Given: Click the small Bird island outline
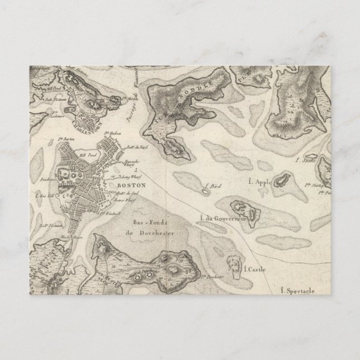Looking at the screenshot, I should point(205,192).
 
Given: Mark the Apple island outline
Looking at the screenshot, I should point(281,179).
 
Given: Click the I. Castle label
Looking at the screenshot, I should point(254,270).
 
